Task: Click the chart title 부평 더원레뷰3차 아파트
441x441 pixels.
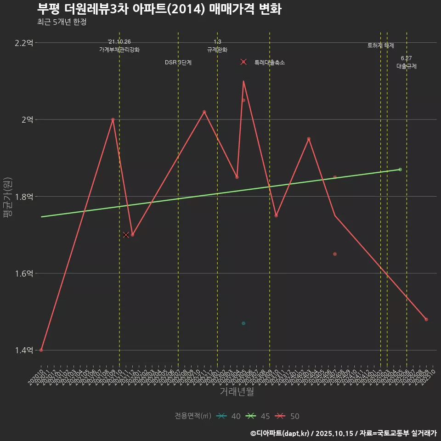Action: [159, 9]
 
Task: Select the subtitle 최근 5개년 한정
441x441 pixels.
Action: [62, 22]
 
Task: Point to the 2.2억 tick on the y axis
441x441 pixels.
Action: [24, 43]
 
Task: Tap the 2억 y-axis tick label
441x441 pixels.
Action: [27, 119]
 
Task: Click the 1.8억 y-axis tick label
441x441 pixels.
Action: [24, 197]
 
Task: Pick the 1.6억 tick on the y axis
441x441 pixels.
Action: [24, 273]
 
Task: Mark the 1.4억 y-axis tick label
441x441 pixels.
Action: [24, 351]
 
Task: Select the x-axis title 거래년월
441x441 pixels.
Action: [237, 391]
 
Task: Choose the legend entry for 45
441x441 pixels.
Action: [258, 416]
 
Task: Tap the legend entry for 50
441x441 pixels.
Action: [288, 416]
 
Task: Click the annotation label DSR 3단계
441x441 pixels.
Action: [178, 62]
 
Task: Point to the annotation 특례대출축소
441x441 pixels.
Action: [270, 62]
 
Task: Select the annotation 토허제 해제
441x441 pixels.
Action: [381, 45]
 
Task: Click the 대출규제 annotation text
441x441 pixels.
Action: [407, 66]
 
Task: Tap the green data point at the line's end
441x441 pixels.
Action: [400, 170]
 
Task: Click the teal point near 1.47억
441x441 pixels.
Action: [243, 323]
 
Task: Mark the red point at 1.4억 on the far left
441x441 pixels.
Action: [41, 350]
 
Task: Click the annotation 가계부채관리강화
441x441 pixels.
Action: [119, 49]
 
